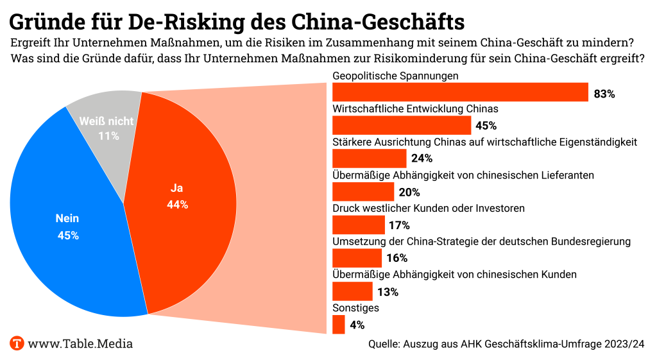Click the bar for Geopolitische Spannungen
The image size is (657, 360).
coord(460,92)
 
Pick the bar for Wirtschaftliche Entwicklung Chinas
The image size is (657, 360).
coord(402,125)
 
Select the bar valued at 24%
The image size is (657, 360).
coord(369,159)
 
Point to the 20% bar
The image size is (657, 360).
coord(363,192)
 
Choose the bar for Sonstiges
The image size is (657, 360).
coord(339,325)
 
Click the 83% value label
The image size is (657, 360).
coord(604,94)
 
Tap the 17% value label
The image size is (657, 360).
coord(398,225)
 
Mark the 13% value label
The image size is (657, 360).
coord(388,292)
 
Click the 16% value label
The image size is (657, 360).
coord(397,259)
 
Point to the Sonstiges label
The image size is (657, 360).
coord(355,308)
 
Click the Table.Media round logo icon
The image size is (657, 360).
coord(17,344)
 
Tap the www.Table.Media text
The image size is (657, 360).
coord(80,344)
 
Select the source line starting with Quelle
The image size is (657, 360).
coord(506,344)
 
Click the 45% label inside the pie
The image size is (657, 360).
coord(68,236)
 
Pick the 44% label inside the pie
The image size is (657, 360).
coord(177,205)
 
